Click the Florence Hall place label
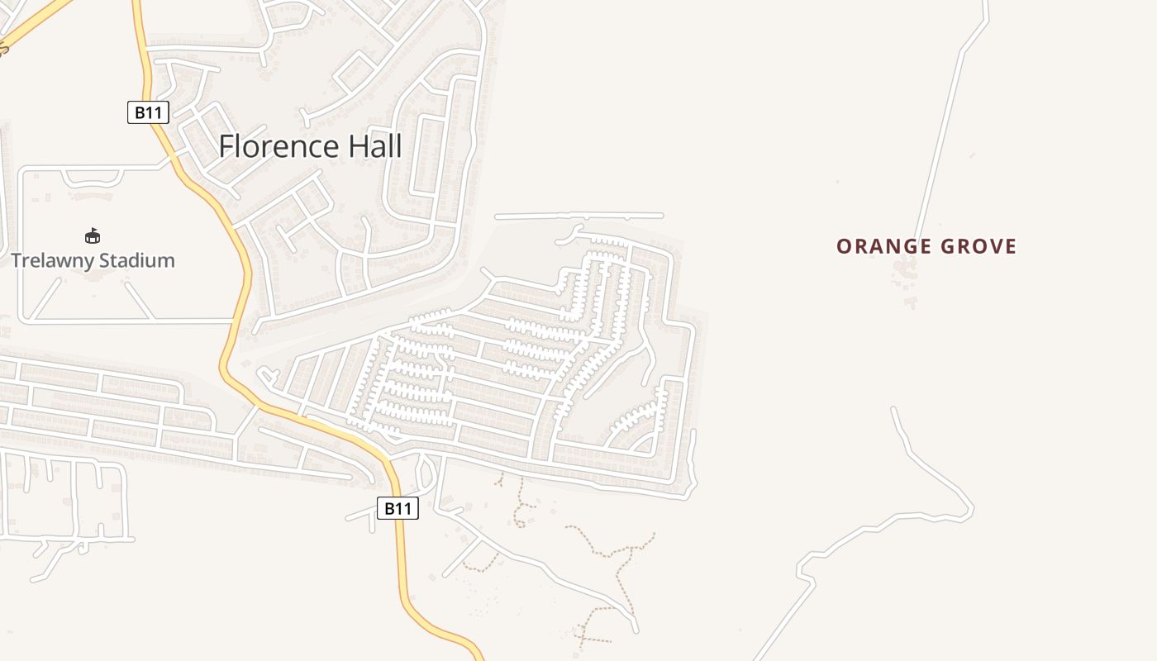click(x=310, y=147)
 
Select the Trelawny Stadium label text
click(x=93, y=261)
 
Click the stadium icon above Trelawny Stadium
click(x=93, y=236)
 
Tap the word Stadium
click(x=136, y=261)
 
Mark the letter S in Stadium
click(x=102, y=261)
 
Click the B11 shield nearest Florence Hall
click(x=148, y=113)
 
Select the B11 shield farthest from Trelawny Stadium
click(x=398, y=509)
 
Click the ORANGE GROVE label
click(x=926, y=247)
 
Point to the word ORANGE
click(x=884, y=247)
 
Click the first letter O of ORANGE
click(x=843, y=247)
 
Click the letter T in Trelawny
click(x=17, y=261)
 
